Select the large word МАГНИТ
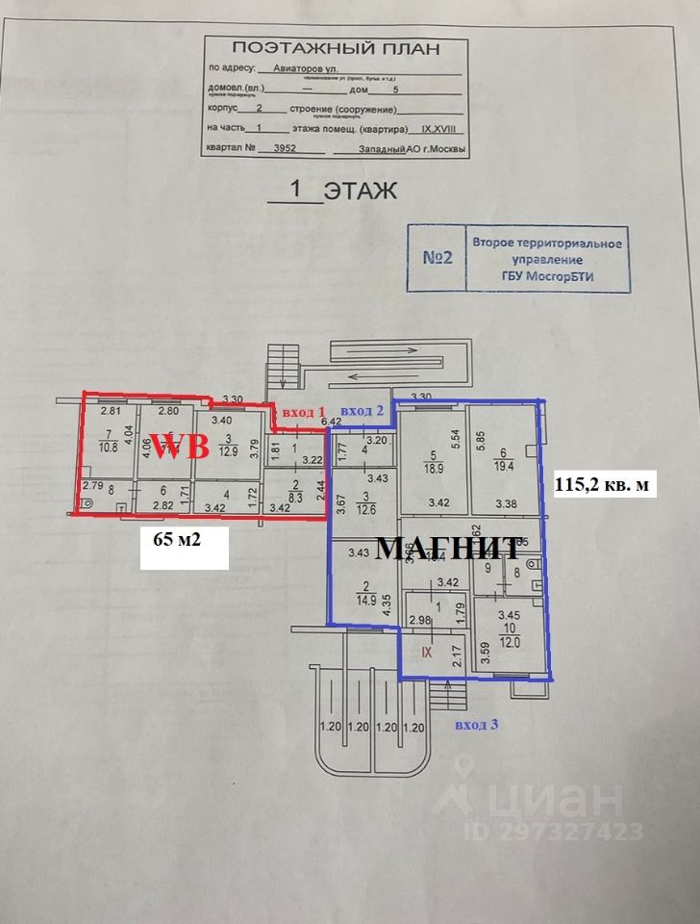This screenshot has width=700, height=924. click(448, 549)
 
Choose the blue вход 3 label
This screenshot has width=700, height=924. click(477, 723)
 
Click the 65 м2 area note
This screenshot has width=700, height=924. click(184, 539)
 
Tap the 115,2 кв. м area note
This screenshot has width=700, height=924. click(606, 485)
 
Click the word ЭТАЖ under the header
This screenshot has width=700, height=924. click(361, 191)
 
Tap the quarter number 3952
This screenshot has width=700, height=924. click(285, 149)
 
